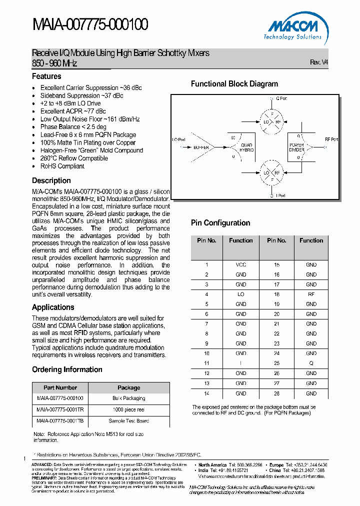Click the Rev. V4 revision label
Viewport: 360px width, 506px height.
coord(319,62)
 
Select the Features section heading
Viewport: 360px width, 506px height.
coord(46,76)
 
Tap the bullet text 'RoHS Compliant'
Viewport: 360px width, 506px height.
coord(62,166)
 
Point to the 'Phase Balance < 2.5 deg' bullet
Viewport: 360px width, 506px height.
coord(73,127)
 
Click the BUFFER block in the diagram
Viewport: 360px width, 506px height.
coord(201,147)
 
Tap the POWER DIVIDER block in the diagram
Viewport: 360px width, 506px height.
coord(296,147)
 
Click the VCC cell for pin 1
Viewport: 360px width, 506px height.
coord(240,264)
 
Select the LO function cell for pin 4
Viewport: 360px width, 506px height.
coord(240,294)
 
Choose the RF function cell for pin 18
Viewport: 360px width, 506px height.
coord(311,294)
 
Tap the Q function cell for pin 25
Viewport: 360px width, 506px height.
coord(311,363)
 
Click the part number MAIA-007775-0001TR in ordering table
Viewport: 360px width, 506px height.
coord(60,409)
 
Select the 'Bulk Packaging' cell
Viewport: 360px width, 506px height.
coord(128,398)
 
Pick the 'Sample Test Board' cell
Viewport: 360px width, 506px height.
coord(128,421)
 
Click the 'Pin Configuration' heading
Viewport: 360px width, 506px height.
coord(220,223)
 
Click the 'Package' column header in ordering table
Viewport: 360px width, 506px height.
coord(128,387)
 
